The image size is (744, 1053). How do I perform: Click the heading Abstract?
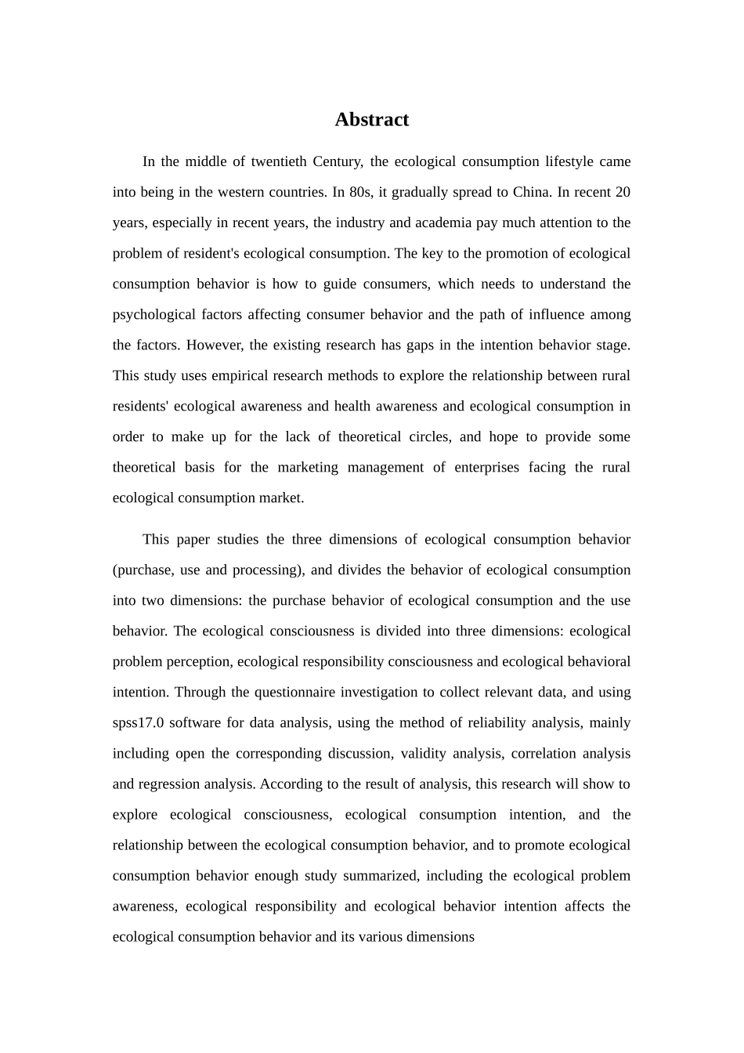tap(371, 120)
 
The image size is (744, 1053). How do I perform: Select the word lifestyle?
tap(569, 162)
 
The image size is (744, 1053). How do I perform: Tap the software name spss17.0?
tap(138, 723)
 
